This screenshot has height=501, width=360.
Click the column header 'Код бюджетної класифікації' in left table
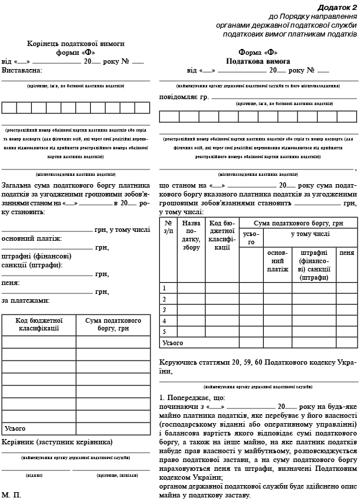coord(38,324)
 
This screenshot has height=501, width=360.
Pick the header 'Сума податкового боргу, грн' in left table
coord(113,324)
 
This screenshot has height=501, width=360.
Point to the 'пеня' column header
coord(346,252)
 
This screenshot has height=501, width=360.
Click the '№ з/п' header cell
coord(168,227)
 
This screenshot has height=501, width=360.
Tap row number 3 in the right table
coord(165,310)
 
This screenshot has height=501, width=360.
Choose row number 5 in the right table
coord(165,331)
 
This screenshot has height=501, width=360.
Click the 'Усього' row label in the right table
coord(173,342)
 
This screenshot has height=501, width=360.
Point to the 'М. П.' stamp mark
coord(11,495)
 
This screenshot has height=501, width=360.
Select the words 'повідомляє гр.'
coord(184,96)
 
